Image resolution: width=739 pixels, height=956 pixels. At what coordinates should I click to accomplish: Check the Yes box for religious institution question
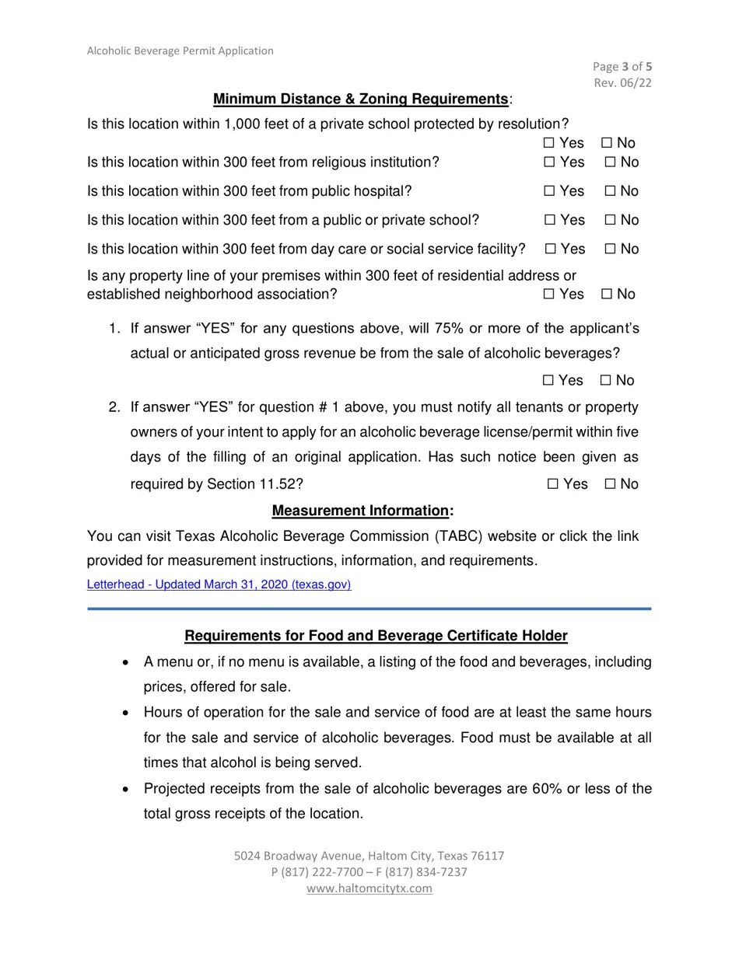(549, 162)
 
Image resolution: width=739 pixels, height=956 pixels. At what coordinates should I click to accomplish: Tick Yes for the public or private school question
(549, 220)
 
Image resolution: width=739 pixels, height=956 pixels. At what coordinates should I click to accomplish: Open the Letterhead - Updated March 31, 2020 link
(219, 584)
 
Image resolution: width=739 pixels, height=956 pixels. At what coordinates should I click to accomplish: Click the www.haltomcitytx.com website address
(369, 888)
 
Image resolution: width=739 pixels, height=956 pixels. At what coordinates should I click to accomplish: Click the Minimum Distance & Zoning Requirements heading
(361, 99)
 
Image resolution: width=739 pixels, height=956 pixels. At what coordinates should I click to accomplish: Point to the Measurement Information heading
(362, 511)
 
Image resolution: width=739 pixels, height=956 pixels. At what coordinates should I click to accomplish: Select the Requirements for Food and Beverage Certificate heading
(376, 636)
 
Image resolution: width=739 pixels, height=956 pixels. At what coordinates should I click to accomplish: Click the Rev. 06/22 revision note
(622, 83)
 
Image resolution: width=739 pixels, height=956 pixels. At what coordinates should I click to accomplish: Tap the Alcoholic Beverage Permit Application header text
(180, 51)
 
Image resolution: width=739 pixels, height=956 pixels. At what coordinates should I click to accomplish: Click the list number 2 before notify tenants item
(114, 407)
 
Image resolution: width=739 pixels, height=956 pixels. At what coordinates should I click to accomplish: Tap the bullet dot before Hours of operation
(126, 713)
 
